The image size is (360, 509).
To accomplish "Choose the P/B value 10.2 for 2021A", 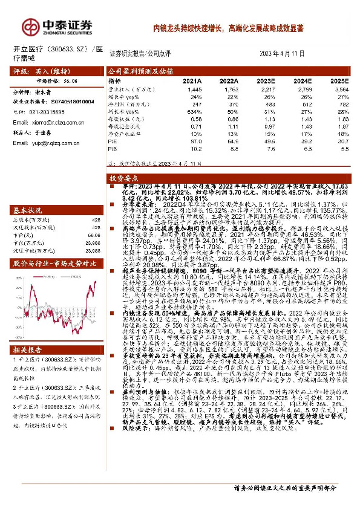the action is click(x=195, y=148).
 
